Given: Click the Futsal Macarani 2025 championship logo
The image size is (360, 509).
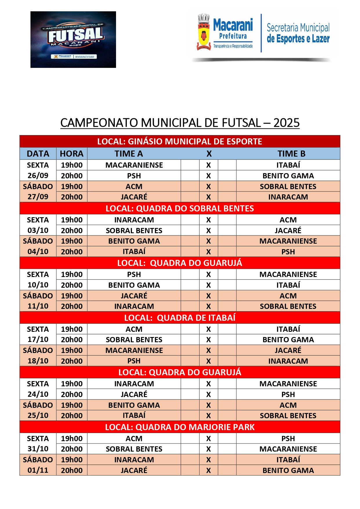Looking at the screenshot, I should pyautogui.click(x=73, y=39).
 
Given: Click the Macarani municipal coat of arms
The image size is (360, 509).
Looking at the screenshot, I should pyautogui.click(x=204, y=32).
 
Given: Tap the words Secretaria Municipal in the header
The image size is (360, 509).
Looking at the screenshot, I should pyautogui.click(x=298, y=28).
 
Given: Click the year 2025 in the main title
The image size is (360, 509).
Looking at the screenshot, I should pyautogui.click(x=286, y=123).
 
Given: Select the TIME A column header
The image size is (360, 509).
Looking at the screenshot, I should pyautogui.click(x=129, y=154).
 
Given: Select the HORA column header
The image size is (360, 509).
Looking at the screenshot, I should pyautogui.click(x=72, y=154).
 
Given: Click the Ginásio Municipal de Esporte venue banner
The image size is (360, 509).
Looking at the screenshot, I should pyautogui.click(x=180, y=142).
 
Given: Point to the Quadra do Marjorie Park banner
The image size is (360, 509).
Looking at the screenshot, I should pyautogui.click(x=180, y=427).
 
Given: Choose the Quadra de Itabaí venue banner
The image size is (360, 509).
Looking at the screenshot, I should pyautogui.click(x=180, y=318).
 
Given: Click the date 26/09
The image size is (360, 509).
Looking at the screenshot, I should pyautogui.click(x=38, y=175).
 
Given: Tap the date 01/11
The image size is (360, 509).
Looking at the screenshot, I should pyautogui.click(x=38, y=470).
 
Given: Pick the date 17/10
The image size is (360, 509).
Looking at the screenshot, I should pyautogui.click(x=38, y=339).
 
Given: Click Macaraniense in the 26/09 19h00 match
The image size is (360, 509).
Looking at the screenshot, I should pyautogui.click(x=134, y=165).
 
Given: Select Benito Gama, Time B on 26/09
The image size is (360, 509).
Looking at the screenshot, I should pyautogui.click(x=288, y=176).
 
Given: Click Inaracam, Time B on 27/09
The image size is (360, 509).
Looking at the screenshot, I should pyautogui.click(x=288, y=197).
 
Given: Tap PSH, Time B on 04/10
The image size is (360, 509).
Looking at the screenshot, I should pyautogui.click(x=288, y=252).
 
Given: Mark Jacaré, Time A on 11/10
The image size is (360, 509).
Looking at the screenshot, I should pyautogui.click(x=134, y=296).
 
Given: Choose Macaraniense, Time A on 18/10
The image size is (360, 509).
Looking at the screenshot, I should pyautogui.click(x=134, y=350).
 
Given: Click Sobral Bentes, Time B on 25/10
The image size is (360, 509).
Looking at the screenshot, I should pyautogui.click(x=288, y=416).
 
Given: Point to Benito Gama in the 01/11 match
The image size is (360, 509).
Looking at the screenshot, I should pyautogui.click(x=288, y=470).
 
